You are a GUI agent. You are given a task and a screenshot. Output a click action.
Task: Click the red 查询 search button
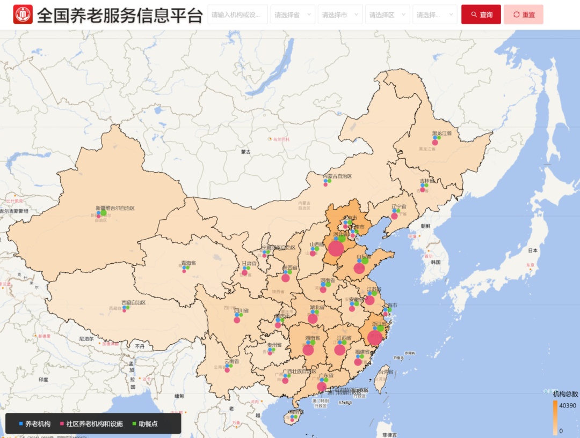tap(481, 14)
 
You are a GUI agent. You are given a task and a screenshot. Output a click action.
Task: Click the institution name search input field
tap(237, 14)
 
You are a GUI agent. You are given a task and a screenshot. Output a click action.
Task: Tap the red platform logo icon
tap(23, 14)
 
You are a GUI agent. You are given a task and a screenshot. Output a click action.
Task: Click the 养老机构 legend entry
tap(35, 424)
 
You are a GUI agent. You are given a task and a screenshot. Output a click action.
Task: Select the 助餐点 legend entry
tap(144, 424)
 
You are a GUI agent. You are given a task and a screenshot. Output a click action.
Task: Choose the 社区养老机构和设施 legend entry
tap(91, 424)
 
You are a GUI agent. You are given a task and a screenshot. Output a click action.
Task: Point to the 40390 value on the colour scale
tap(567, 405)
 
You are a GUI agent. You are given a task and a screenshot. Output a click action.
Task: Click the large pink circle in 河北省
tap(336, 248)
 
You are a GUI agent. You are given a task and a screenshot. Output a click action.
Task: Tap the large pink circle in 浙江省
tap(375, 338)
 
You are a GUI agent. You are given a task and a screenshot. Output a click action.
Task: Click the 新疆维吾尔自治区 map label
tap(115, 208)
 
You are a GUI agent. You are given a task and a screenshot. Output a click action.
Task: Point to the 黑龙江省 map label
tap(442, 133)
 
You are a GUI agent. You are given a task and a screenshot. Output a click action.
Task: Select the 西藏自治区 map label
tap(133, 302)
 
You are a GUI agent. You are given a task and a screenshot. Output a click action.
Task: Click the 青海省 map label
tap(189, 263)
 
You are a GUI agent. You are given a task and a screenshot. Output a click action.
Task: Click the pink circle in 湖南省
tap(308, 350)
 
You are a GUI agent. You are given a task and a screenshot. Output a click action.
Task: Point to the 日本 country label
tap(533, 250)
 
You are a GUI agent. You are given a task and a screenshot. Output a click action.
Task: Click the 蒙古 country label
tap(246, 152)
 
